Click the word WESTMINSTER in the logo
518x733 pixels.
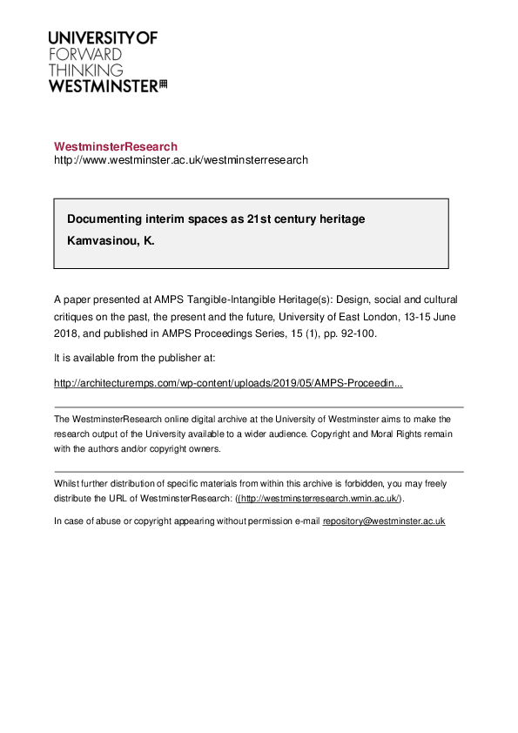tap(103, 85)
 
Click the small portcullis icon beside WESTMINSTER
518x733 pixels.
tap(163, 84)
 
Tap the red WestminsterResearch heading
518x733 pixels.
tap(116, 146)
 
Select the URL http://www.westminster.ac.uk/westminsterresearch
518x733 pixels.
tap(181, 160)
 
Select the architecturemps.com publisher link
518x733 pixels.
tap(228, 382)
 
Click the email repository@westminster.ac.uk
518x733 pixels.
tap(384, 521)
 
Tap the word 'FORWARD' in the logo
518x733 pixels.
tap(85, 54)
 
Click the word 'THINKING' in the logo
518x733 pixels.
tap(85, 70)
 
